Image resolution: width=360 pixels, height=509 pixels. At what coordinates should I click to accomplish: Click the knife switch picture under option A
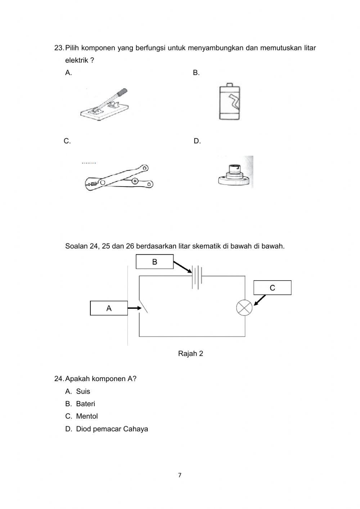pos(104,105)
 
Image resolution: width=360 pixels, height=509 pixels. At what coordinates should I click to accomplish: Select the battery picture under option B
pos(229,103)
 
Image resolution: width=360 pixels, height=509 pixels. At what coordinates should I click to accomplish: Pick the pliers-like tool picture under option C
pos(119,178)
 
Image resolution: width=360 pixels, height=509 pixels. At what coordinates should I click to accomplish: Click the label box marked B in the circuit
pos(154,262)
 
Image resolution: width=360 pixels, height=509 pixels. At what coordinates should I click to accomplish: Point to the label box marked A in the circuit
pos(109,308)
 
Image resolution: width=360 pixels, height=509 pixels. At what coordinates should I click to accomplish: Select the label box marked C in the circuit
pos(272,288)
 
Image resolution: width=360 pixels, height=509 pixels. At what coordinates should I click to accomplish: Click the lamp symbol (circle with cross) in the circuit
pos(244,308)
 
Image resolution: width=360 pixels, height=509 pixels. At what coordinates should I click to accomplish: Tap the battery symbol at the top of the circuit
pos(197,277)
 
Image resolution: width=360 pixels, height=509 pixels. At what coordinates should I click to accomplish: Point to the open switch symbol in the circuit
pos(142,307)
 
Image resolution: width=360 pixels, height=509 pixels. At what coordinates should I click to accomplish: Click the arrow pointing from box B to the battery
pos(183,267)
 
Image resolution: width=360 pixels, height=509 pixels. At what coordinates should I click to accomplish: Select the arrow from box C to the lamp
pos(260,300)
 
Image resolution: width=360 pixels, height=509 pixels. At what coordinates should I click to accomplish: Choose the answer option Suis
pos(83,391)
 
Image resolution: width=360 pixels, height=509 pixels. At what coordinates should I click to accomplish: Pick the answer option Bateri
pos(85,404)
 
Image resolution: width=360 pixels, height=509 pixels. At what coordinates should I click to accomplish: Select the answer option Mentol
pos(87,416)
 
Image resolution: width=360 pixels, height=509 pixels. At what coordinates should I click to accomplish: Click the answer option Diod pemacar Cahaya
pos(112,429)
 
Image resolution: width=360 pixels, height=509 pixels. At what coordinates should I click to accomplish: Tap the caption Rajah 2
pos(190,353)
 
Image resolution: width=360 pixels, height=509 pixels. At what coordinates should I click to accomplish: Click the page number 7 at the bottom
pos(180,475)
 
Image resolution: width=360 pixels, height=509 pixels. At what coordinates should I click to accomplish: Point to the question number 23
pos(59,48)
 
